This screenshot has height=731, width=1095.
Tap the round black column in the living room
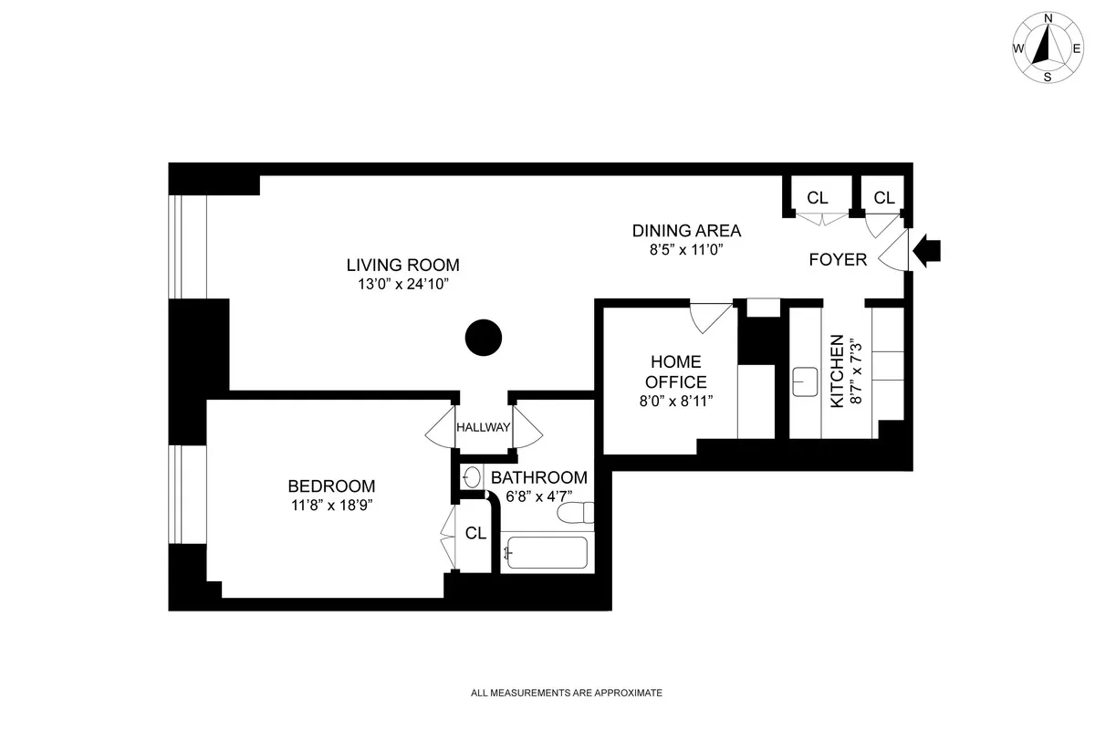(x=484, y=339)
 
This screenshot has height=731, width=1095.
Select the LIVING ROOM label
(x=402, y=266)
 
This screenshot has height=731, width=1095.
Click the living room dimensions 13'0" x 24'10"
(x=402, y=285)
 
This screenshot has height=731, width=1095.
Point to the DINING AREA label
(x=686, y=231)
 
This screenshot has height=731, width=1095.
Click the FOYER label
(x=838, y=260)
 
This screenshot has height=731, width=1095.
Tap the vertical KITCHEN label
(x=837, y=372)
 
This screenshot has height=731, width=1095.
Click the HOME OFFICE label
(x=676, y=372)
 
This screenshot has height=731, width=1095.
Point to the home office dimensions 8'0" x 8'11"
(x=676, y=401)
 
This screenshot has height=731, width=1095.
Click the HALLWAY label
(x=483, y=427)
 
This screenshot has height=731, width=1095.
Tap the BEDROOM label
(x=331, y=486)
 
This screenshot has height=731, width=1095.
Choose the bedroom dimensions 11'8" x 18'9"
(x=331, y=505)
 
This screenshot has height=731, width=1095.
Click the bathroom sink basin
(x=472, y=476)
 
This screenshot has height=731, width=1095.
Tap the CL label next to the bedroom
(x=475, y=534)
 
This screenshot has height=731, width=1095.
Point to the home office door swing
(x=709, y=316)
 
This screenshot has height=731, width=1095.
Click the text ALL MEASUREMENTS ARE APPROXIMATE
(x=566, y=694)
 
